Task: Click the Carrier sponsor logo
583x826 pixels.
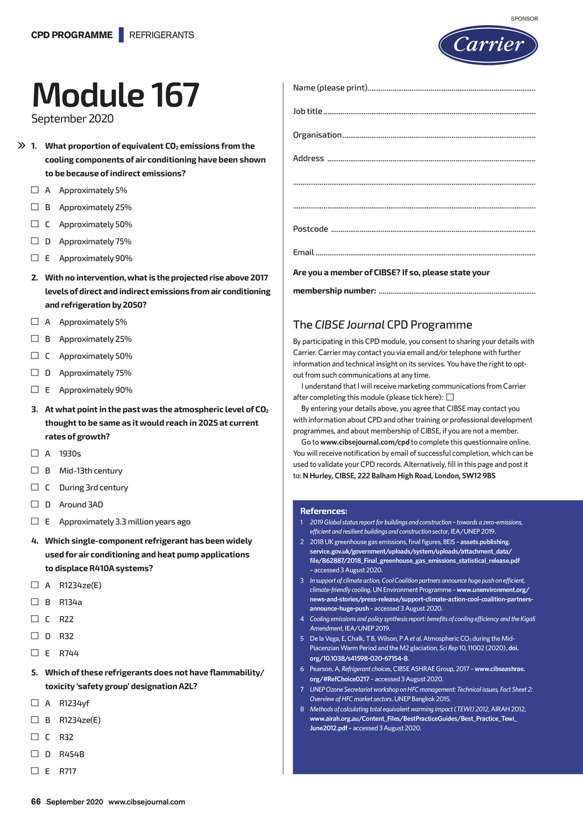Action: coord(488,44)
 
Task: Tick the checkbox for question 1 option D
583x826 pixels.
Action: coord(35,241)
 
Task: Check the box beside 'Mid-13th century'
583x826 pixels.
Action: coord(35,470)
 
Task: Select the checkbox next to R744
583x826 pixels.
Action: coord(35,652)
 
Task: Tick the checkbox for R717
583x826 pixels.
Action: coord(35,770)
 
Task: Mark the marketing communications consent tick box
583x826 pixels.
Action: coord(450,397)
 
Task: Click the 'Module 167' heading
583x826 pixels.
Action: coord(116,95)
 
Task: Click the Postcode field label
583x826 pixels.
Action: coord(310,229)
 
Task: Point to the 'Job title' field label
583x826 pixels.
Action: coord(307,111)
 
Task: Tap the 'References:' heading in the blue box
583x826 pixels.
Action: coord(323,511)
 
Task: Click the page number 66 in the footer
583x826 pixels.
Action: coord(36,802)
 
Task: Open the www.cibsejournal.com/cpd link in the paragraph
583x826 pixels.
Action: coord(364,442)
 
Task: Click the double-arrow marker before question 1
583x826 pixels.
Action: coord(22,146)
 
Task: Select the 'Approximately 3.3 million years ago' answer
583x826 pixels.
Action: coord(125,521)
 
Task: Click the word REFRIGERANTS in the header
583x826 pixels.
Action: coord(161,35)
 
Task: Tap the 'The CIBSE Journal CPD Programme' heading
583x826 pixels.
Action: coord(383,324)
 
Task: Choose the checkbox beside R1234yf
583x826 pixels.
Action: coord(35,703)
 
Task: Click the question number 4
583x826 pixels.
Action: coord(35,540)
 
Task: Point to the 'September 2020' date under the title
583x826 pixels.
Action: coord(72,118)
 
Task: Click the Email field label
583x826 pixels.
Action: coord(303,252)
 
